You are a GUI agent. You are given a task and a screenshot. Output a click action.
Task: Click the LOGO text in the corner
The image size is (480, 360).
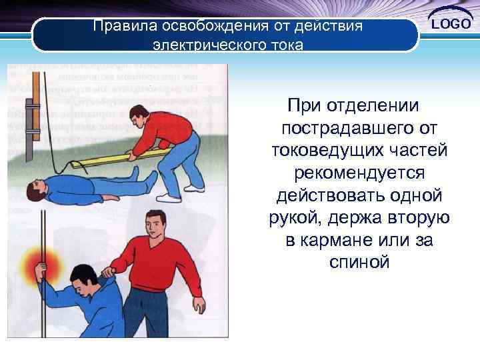(x=451, y=25)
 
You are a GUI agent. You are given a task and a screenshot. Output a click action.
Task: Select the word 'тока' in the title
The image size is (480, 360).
(x=285, y=46)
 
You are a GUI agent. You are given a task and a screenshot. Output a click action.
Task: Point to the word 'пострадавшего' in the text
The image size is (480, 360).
(x=338, y=127)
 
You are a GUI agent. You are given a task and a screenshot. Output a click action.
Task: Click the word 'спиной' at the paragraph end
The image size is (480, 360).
(x=359, y=263)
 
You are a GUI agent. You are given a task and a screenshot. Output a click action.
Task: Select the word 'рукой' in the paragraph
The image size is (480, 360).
(x=288, y=217)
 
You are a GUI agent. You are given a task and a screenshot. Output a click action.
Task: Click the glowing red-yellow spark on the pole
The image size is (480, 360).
(x=39, y=259)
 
